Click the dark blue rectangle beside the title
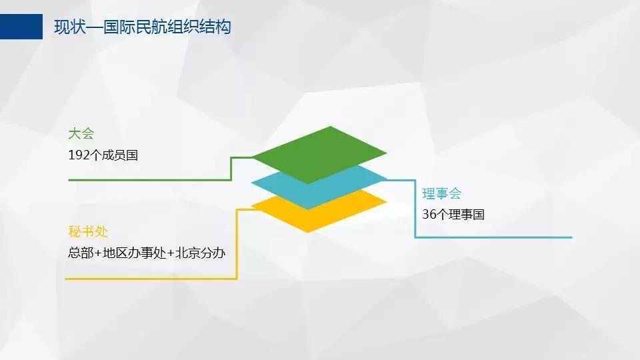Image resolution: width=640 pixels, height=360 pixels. pyautogui.click(x=21, y=27)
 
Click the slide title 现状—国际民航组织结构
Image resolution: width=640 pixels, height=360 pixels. pyautogui.click(x=143, y=27)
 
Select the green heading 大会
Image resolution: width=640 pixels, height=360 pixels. pyautogui.click(x=81, y=133)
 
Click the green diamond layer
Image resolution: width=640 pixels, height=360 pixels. pyautogui.click(x=319, y=155)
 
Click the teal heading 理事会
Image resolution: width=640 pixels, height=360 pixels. pyautogui.click(x=441, y=193)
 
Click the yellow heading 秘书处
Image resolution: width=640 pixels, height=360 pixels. pyautogui.click(x=88, y=231)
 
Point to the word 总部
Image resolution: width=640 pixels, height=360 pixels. pyautogui.click(x=81, y=253)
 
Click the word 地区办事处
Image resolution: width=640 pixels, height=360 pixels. pyautogui.click(x=134, y=253)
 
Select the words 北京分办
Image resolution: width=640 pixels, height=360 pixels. pyautogui.click(x=201, y=253)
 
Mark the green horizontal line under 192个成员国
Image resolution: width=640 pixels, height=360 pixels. pyautogui.click(x=150, y=179)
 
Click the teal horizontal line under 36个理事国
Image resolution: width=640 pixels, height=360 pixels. pyautogui.click(x=493, y=237)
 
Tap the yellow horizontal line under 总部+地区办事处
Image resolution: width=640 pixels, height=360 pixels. pyautogui.click(x=151, y=279)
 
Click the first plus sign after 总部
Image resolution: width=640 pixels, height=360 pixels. pyautogui.click(x=98, y=253)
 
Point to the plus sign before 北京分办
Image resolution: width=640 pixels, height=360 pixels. pyautogui.click(x=171, y=253)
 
